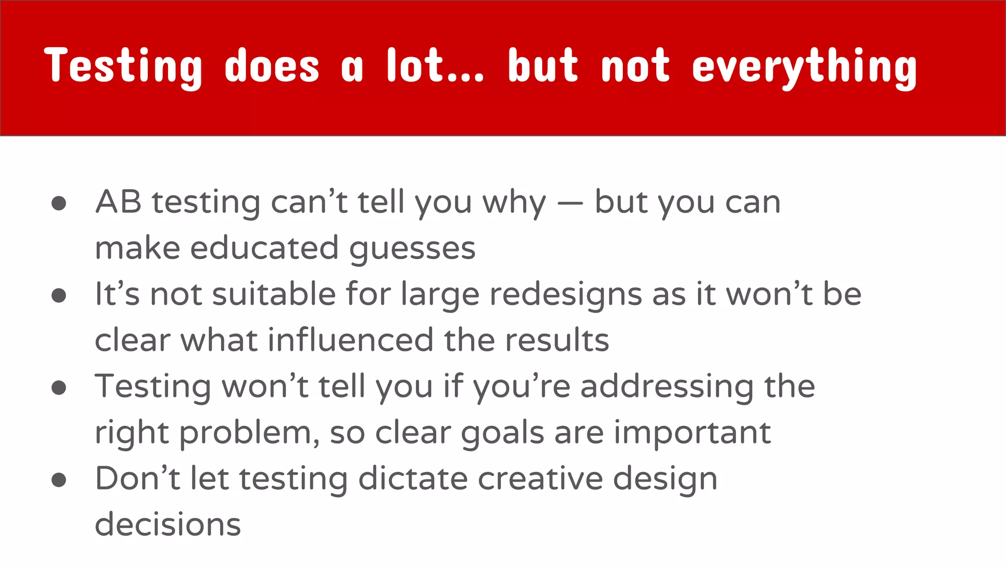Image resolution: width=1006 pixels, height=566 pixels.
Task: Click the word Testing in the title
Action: tap(123, 66)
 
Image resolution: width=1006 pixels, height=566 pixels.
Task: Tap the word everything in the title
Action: tap(804, 66)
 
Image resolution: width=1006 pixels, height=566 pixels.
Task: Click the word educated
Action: tap(264, 248)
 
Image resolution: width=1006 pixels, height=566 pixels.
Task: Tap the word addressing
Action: tap(667, 387)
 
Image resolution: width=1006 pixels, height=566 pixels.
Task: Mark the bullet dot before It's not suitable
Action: tap(59, 295)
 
